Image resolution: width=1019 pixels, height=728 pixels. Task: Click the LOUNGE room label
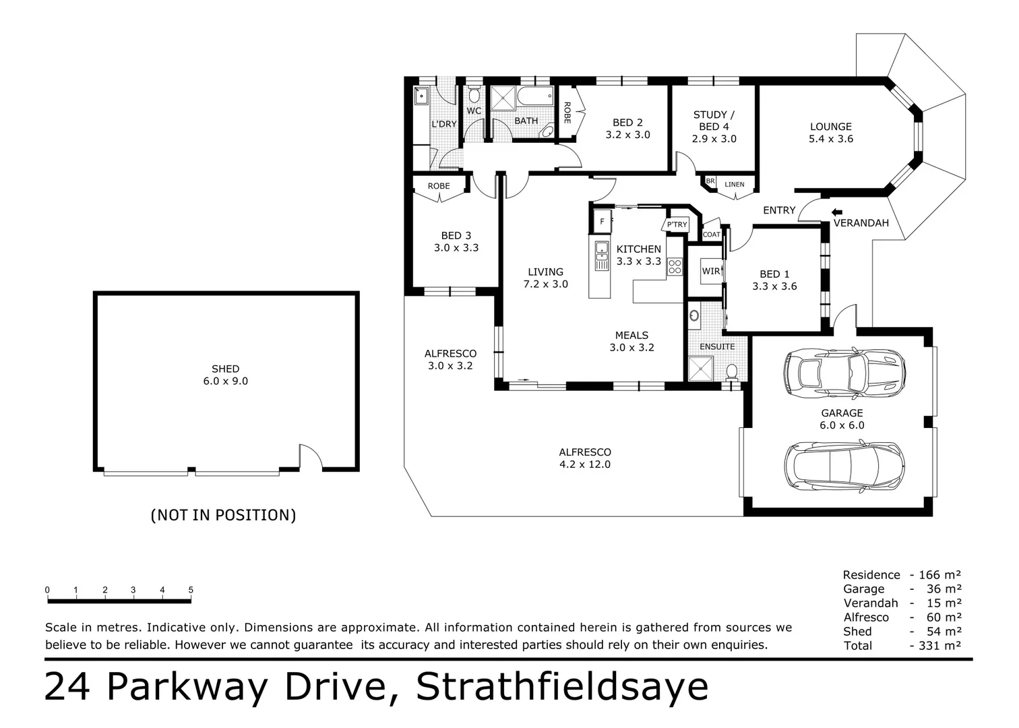830,127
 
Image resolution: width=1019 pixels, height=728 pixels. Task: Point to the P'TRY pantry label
677,224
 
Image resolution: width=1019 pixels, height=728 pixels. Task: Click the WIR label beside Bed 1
710,271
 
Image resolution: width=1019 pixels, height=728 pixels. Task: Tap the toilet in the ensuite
731,371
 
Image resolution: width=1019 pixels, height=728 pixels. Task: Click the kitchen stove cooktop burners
675,267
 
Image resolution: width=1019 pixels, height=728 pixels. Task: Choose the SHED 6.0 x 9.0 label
225,375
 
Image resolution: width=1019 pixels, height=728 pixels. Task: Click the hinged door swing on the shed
311,457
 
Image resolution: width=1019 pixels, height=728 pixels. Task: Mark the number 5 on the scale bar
191,590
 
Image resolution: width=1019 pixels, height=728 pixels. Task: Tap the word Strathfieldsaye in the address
562,687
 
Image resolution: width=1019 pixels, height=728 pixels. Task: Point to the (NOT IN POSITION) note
223,515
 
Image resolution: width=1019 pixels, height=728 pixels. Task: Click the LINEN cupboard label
735,184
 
